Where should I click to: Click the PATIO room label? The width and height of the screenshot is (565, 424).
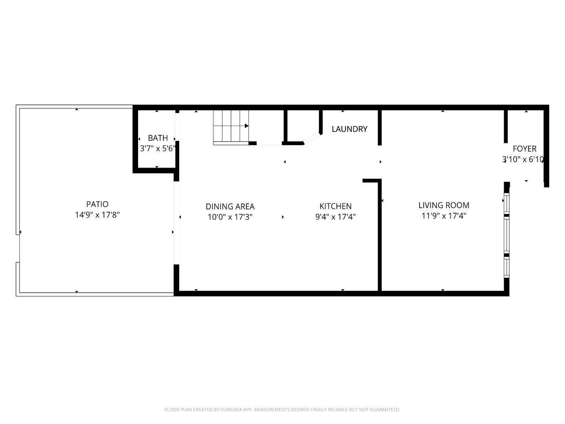tap(97, 204)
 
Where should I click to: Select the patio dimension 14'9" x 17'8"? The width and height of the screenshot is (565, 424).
tap(97, 215)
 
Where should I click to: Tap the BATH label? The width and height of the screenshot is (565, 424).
tap(158, 138)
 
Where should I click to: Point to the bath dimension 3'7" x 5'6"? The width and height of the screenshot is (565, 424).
tap(158, 149)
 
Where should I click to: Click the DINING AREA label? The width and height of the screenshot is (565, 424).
tap(230, 207)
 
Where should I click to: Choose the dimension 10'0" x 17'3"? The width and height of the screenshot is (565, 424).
tap(230, 217)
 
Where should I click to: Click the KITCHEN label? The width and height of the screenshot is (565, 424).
tap(335, 206)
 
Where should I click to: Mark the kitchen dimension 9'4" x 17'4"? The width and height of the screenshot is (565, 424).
tap(335, 217)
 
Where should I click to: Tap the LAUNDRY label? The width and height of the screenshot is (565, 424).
tap(349, 129)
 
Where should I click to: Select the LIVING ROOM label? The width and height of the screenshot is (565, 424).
tap(443, 205)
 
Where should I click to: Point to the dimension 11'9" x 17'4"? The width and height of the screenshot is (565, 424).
tap(443, 216)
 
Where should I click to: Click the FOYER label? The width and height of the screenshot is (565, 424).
tap(524, 149)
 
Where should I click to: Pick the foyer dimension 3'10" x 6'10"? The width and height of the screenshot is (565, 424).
tap(523, 159)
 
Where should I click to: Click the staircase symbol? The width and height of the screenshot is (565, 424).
tap(231, 127)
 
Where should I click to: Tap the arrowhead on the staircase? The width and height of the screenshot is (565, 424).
tap(247, 126)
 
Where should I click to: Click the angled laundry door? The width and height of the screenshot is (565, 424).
tap(313, 138)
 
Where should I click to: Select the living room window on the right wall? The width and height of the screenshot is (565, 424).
tap(507, 235)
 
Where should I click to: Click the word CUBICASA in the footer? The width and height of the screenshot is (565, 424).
tap(228, 409)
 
